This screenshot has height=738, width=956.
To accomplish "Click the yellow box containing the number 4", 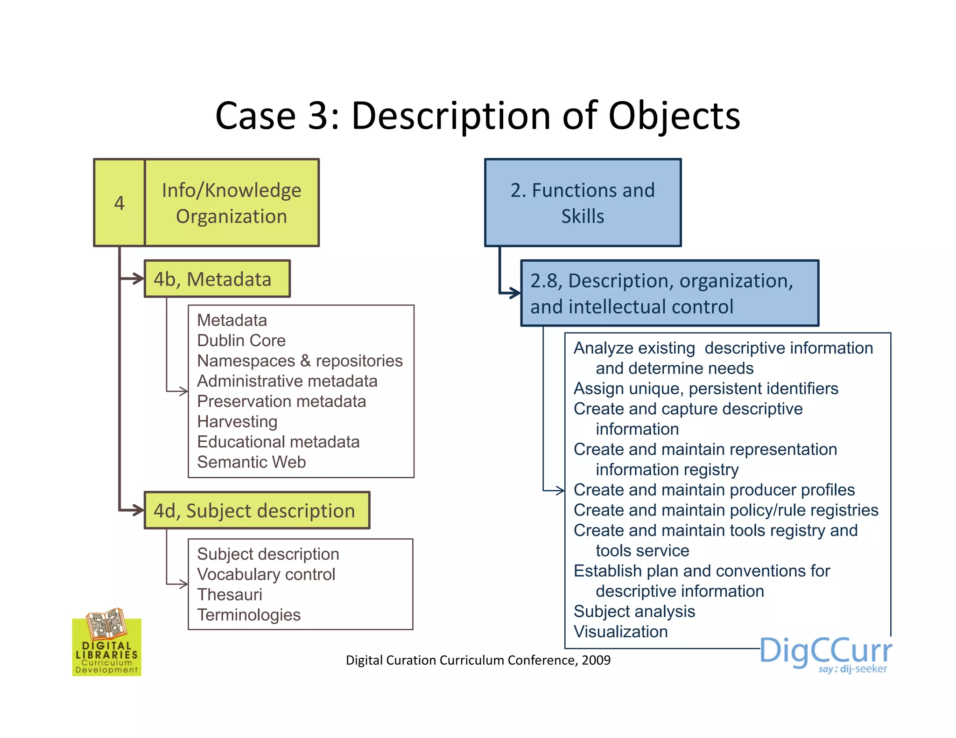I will tap(119, 203).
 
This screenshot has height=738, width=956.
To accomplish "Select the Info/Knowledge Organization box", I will tap(232, 203).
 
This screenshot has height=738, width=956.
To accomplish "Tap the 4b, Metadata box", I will tap(217, 279).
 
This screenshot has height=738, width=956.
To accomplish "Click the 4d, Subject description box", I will tap(257, 510).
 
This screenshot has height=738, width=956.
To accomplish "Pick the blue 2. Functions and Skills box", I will tap(583, 203).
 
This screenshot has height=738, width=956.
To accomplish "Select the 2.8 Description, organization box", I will tap(669, 293).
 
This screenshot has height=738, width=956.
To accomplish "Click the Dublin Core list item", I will tap(241, 341).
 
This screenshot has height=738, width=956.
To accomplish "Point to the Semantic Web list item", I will tap(251, 462).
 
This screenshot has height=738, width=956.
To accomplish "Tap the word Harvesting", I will tap(237, 421).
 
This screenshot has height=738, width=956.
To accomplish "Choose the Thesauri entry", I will tap(229, 594).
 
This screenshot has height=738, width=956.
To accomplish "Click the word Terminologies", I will tap(249, 615).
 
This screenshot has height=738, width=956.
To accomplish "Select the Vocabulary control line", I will tap(266, 574).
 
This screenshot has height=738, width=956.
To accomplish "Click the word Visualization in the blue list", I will tap(620, 632).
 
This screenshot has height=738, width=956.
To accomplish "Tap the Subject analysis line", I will tap(634, 611).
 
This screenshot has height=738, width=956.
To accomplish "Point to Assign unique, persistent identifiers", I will tap(706, 388).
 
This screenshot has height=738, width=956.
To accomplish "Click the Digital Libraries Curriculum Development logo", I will tap(107, 643).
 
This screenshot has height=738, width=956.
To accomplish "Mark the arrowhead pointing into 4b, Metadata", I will tap(139, 278).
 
